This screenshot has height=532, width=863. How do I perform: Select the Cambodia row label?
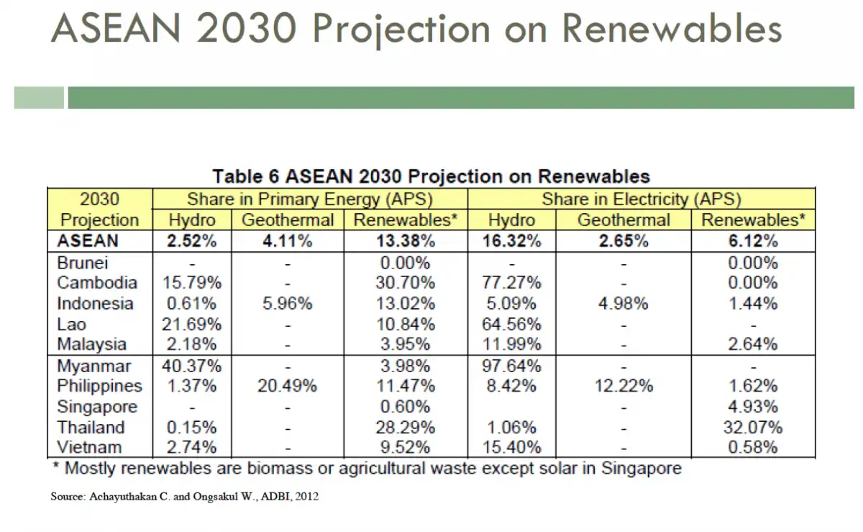coord(96,283)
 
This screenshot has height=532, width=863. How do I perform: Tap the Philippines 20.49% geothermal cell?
coord(287,387)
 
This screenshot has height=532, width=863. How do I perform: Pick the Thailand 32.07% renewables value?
coord(752,427)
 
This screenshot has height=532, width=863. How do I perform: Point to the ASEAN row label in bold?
coord(88,241)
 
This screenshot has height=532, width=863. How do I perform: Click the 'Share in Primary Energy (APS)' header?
coord(310,199)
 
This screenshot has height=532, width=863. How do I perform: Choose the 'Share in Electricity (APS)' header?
coord(641,199)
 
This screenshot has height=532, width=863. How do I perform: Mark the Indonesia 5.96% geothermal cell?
coord(287,304)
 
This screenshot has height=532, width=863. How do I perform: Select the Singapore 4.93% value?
coord(752,407)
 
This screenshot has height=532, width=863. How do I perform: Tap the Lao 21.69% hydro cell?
coord(191,324)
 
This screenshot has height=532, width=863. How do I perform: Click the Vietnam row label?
coord(90,447)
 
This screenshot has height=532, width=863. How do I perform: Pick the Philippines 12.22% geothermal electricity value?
coord(624,387)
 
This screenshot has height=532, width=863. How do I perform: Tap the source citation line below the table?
coord(184,497)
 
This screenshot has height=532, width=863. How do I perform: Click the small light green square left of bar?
coord(38,98)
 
